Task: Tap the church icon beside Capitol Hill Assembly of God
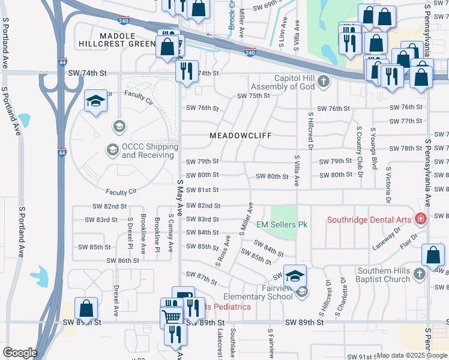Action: point(324,81)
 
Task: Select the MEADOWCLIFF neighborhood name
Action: point(237,136)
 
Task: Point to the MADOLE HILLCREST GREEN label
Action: point(117,40)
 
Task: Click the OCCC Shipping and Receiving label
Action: point(150,151)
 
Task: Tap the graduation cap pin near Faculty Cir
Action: point(95,102)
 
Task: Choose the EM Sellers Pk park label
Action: point(282,224)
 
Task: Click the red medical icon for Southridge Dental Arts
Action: point(421,219)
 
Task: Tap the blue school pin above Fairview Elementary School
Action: point(295,276)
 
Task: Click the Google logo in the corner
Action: point(20,353)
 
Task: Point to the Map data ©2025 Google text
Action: point(411,355)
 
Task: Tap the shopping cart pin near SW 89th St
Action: point(172,316)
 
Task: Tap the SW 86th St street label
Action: point(122,260)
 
